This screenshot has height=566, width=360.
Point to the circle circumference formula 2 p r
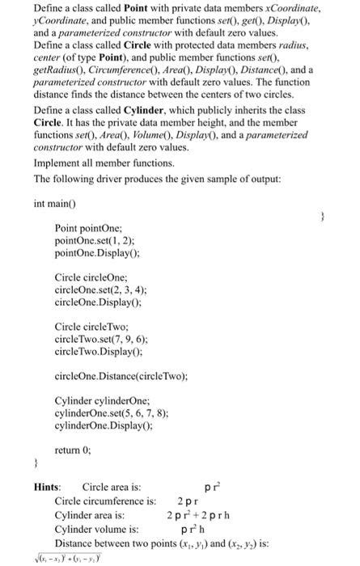[x=188, y=501]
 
